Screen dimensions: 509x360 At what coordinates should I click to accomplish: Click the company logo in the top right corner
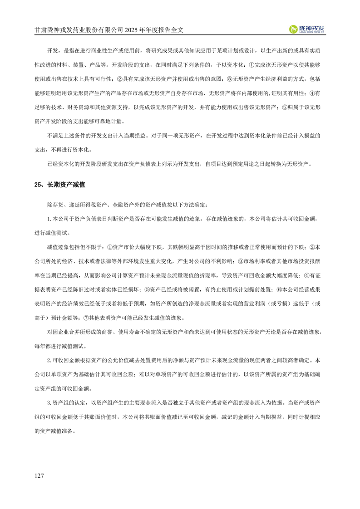[x=309, y=29]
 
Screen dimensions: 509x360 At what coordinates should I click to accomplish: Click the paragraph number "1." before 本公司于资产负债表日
[x=49, y=219]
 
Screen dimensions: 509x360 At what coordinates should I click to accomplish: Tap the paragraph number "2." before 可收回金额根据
[x=49, y=360]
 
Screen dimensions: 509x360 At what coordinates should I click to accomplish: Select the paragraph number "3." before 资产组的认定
[x=49, y=402]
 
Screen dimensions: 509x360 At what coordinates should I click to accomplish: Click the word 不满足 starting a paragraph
[x=55, y=135]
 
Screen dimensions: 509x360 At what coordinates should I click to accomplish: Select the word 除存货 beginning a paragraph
[x=55, y=205]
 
